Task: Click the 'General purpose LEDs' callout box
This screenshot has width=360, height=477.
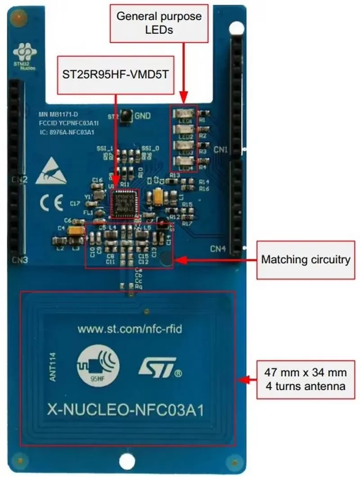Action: coord(159,23)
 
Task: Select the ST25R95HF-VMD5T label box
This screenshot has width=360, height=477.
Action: coord(115,75)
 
